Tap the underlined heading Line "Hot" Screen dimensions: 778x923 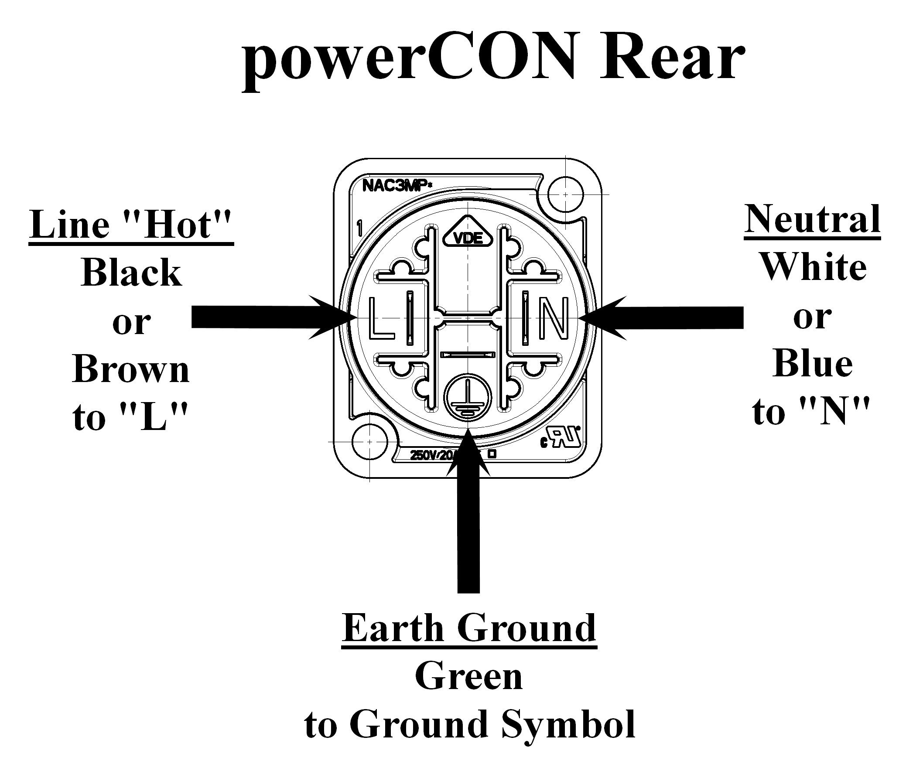131,225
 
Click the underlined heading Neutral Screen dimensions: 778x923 812,219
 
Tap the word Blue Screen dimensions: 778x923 812,363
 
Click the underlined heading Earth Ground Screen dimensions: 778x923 469,628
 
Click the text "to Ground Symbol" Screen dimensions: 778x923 469,724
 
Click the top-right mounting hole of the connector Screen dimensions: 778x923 565,194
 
